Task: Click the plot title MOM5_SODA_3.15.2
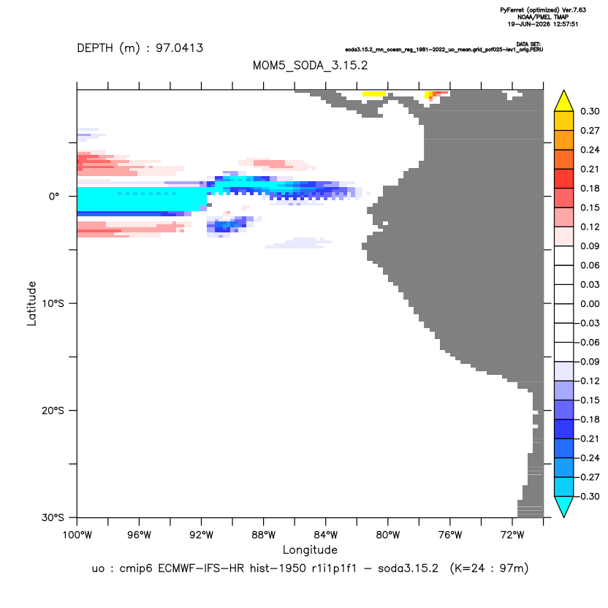310,65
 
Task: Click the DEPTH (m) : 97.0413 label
140,48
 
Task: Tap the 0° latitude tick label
54,197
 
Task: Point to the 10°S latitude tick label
53,303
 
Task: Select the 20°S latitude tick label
53,410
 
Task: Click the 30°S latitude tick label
53,517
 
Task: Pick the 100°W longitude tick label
77,535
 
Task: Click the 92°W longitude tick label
201,535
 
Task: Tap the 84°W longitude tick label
325,535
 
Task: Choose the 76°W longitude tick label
450,535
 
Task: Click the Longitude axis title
310,550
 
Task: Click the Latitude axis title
31,303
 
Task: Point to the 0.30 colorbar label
590,111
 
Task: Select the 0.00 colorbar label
590,303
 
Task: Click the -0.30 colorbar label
588,496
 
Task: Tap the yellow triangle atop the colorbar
564,103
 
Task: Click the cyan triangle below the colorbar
564,505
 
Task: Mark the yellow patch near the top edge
374,94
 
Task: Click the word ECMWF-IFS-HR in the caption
201,569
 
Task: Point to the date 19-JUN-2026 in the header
529,24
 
